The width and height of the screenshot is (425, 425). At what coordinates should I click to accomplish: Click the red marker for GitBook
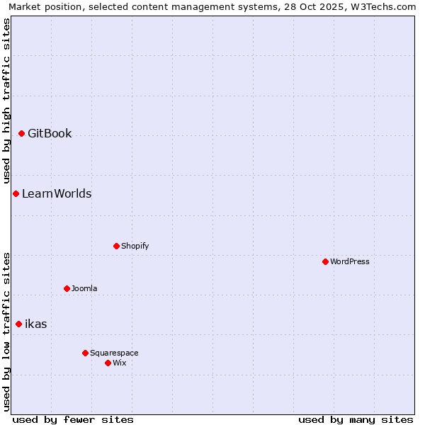pyautogui.click(x=21, y=133)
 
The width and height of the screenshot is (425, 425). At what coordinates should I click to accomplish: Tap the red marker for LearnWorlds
pyautogui.click(x=16, y=193)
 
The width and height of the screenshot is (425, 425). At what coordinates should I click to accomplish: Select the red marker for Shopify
pyautogui.click(x=116, y=246)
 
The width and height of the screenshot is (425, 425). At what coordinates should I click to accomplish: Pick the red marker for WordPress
pyautogui.click(x=325, y=261)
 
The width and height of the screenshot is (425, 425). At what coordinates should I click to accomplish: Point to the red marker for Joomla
pyautogui.click(x=67, y=288)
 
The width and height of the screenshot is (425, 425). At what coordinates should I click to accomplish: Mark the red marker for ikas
pyautogui.click(x=18, y=324)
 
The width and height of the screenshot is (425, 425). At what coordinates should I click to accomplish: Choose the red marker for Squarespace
pyautogui.click(x=85, y=353)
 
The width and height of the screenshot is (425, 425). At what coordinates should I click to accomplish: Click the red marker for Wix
pyautogui.click(x=108, y=363)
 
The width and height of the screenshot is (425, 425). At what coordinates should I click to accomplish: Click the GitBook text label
pyautogui.click(x=50, y=133)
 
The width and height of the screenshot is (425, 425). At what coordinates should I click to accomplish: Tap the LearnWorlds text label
pyautogui.click(x=57, y=193)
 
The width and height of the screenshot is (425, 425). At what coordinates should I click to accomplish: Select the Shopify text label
pyautogui.click(x=135, y=246)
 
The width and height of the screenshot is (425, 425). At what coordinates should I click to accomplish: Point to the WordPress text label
pyautogui.click(x=350, y=261)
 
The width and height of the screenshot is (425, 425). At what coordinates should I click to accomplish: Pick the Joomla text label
pyautogui.click(x=84, y=288)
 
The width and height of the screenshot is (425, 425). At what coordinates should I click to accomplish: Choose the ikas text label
pyautogui.click(x=36, y=324)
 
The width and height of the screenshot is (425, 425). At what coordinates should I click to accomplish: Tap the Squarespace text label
pyautogui.click(x=114, y=353)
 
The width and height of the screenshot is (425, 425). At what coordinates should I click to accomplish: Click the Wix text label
pyautogui.click(x=120, y=363)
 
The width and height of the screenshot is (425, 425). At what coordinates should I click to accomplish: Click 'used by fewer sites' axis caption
pyautogui.click(x=73, y=419)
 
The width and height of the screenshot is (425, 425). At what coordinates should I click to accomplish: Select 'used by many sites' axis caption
pyautogui.click(x=356, y=419)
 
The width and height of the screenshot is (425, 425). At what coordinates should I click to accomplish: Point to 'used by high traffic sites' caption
pyautogui.click(x=6, y=101)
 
